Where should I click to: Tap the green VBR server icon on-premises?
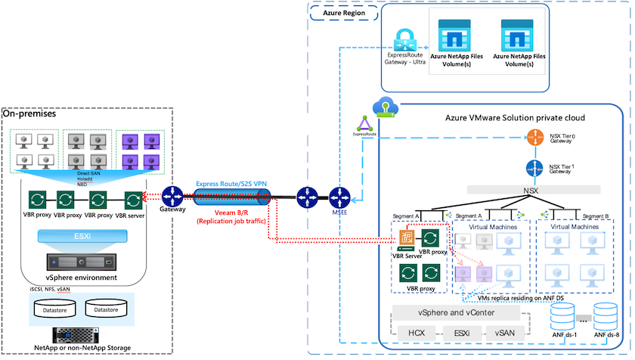[133, 200]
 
